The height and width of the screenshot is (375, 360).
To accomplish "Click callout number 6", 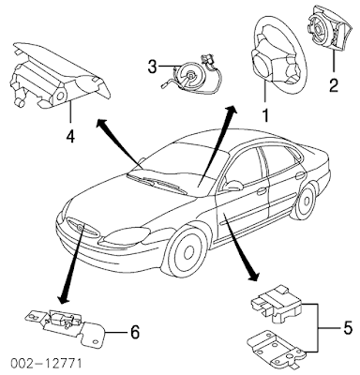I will [134, 332].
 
